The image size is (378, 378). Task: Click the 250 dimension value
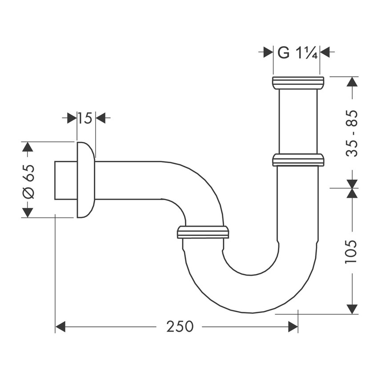(180, 327)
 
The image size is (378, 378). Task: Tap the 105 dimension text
(351, 252)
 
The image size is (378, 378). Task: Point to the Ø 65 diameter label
(28, 180)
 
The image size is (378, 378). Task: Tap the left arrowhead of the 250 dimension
(60, 327)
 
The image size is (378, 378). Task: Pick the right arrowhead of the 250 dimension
(293, 327)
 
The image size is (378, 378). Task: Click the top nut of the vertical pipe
(298, 83)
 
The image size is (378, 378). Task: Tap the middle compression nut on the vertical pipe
(298, 160)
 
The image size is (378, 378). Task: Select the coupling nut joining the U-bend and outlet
(203, 232)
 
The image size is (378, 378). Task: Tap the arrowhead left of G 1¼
(268, 52)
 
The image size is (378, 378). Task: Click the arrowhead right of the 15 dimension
(101, 118)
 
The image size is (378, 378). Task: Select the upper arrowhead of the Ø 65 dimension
(28, 148)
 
